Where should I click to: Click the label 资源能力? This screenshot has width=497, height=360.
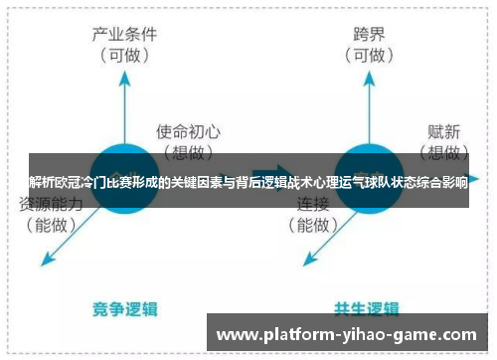(49, 204)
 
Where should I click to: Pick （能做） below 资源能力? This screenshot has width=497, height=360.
(49, 226)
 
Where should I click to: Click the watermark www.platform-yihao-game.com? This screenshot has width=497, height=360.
(347, 335)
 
